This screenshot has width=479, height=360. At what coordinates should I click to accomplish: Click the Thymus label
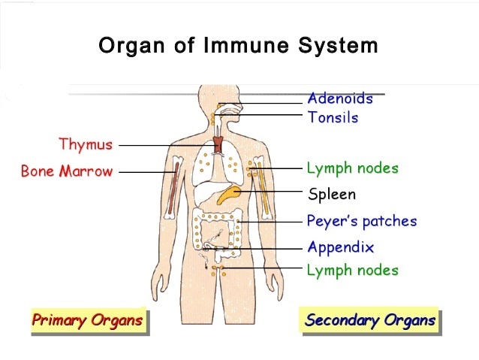86,144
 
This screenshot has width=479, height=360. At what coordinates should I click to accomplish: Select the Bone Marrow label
67,171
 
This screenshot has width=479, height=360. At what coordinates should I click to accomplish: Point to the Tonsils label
333,118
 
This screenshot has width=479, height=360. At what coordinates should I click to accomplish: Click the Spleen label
332,195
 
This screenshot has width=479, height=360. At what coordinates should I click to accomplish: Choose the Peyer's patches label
361,222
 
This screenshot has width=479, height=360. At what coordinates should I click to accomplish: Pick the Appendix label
340,247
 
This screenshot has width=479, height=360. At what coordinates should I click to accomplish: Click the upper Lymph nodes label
352,168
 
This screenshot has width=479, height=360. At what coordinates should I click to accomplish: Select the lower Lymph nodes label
352,271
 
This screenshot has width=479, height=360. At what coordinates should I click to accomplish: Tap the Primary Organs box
87,321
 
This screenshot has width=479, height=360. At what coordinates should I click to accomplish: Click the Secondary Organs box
370,321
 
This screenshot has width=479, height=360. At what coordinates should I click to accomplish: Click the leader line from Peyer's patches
270,222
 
